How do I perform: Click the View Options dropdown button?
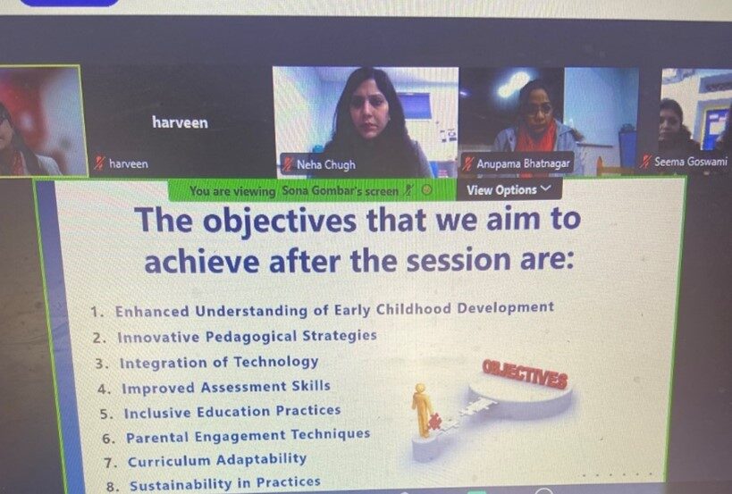tap(509, 190)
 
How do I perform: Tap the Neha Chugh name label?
tap(326, 164)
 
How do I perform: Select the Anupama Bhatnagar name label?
tap(523, 163)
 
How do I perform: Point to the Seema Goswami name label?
tap(691, 162)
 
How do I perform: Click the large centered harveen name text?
tap(180, 122)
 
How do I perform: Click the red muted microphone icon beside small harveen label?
tap(99, 163)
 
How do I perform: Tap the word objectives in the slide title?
tap(279, 221)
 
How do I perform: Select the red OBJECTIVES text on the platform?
tap(526, 374)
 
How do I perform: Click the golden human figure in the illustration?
tap(422, 409)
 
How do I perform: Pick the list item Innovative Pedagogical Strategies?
tap(247, 336)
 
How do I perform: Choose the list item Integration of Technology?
tap(219, 363)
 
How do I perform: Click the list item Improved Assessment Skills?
tap(226, 387)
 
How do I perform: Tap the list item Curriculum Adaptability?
tap(217, 460)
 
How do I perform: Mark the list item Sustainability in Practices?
tap(225, 484)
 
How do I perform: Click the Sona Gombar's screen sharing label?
tap(340, 191)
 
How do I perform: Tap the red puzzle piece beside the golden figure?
tap(434, 422)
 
